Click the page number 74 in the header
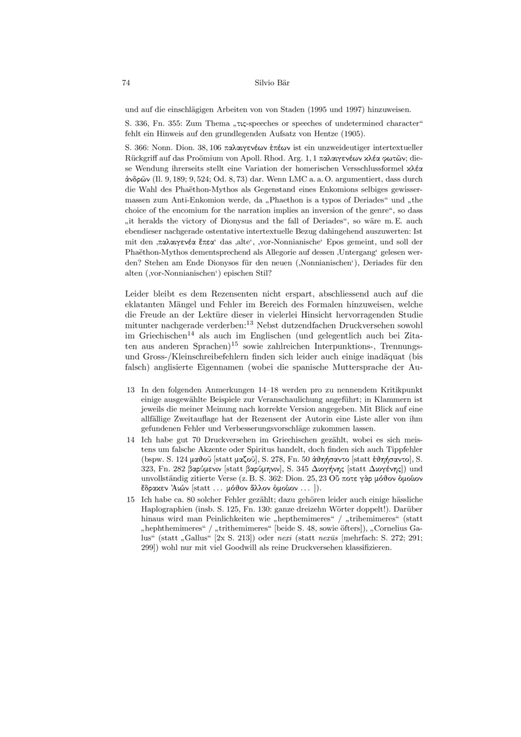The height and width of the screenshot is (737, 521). [x=127, y=83]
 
